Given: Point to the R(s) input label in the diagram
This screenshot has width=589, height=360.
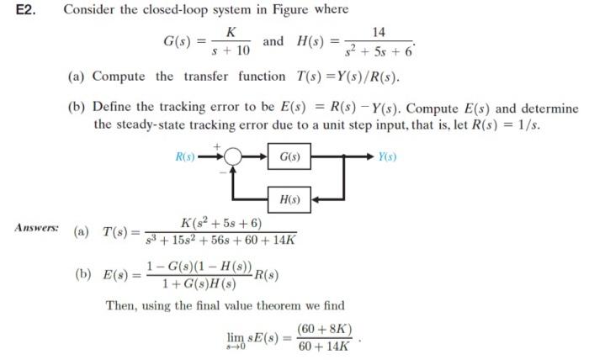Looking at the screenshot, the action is coord(184,157).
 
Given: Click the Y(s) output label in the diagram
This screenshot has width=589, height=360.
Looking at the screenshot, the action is coord(387,157).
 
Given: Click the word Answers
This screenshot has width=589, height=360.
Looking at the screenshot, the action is coord(36,228).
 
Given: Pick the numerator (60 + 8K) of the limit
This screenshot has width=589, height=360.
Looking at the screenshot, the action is coord(325,328).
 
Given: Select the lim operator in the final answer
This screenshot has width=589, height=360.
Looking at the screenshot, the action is coord(236,336).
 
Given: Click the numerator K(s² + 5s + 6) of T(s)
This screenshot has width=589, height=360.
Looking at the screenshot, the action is coord(221,223).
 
